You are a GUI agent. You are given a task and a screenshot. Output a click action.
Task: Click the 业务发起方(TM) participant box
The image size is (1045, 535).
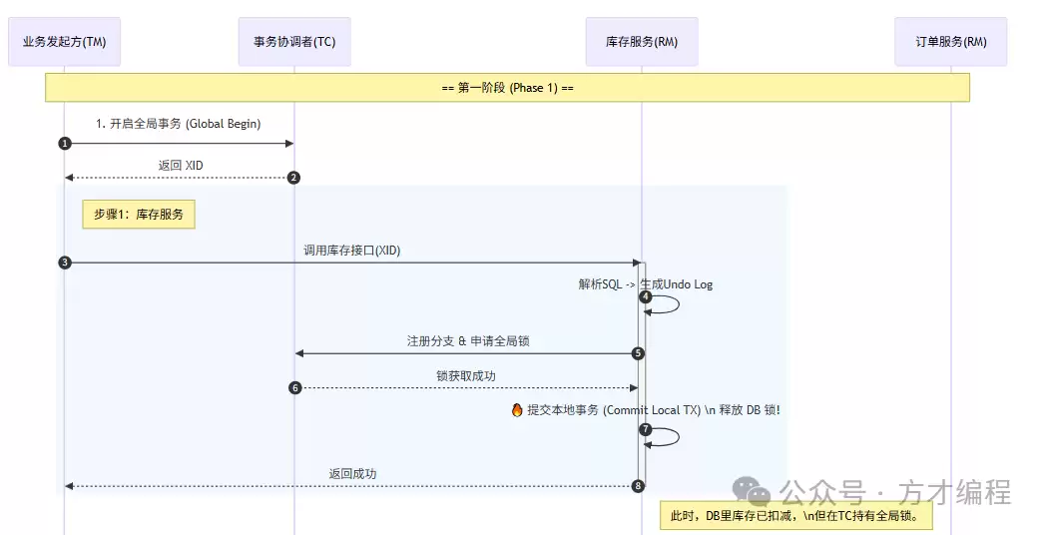pyautogui.click(x=64, y=42)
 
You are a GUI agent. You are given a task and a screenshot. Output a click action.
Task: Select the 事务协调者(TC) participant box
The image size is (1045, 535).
pyautogui.click(x=294, y=42)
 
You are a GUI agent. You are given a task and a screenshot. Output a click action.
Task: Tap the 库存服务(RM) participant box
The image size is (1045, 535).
pyautogui.click(x=642, y=42)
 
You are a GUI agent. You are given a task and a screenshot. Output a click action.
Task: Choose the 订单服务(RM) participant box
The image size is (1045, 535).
pyautogui.click(x=950, y=42)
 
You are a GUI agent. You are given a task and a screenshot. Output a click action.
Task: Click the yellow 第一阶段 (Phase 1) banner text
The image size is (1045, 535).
pyautogui.click(x=507, y=88)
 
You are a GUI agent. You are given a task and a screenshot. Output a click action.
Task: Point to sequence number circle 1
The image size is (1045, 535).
pyautogui.click(x=65, y=143)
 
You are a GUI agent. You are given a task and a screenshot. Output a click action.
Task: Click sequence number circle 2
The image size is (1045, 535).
pyautogui.click(x=293, y=178)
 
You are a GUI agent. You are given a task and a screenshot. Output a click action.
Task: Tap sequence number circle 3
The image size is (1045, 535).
pyautogui.click(x=65, y=263)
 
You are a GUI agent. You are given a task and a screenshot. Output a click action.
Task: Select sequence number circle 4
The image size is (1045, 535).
pyautogui.click(x=646, y=296)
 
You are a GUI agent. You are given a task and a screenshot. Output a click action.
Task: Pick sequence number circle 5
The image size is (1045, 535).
pyautogui.click(x=639, y=353)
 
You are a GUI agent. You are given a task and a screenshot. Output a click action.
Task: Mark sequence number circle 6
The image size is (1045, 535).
pyautogui.click(x=295, y=387)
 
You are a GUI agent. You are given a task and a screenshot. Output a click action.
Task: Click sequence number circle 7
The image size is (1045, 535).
pyautogui.click(x=646, y=429)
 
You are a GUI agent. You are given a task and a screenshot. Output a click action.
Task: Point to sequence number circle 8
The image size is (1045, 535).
pyautogui.click(x=639, y=486)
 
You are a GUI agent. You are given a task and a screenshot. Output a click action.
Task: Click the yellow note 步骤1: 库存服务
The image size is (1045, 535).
pyautogui.click(x=139, y=214)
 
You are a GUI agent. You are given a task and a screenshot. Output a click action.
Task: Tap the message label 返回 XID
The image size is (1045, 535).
pyautogui.click(x=180, y=166)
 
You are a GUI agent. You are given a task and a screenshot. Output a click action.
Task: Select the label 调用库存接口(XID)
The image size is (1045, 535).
pyautogui.click(x=352, y=251)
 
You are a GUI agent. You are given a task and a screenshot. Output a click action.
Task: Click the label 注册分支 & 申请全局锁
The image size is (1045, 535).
pyautogui.click(x=468, y=341)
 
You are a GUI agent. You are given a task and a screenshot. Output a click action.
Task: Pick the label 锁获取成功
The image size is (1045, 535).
pyautogui.click(x=466, y=375)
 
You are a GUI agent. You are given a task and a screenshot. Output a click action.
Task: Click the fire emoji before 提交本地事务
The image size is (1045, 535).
pyautogui.click(x=517, y=410)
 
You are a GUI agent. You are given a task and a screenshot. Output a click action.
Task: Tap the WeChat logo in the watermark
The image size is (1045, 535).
pyautogui.click(x=753, y=490)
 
